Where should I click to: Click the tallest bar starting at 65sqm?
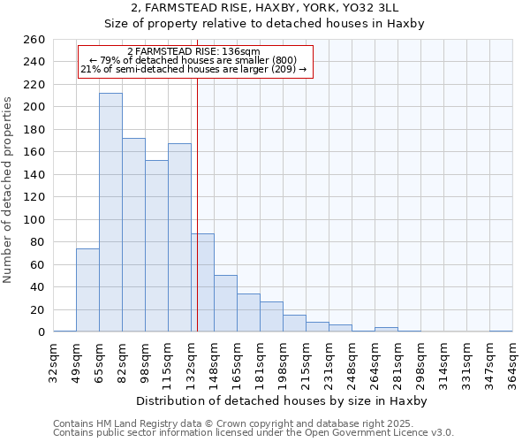pyautogui.click(x=110, y=212)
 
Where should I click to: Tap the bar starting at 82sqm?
pyautogui.click(x=133, y=235)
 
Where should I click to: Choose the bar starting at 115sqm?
pyautogui.click(x=179, y=238)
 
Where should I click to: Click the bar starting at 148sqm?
pyautogui.click(x=225, y=303)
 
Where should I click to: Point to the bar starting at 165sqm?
pyautogui.click(x=248, y=313)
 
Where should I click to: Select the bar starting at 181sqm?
pyautogui.click(x=271, y=316)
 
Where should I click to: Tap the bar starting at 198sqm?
pyautogui.click(x=294, y=324)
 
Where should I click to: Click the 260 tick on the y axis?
pyautogui.click(x=34, y=40)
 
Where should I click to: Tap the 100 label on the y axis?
pyautogui.click(x=34, y=219)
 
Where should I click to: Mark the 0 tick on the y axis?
pyautogui.click(x=41, y=332)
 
